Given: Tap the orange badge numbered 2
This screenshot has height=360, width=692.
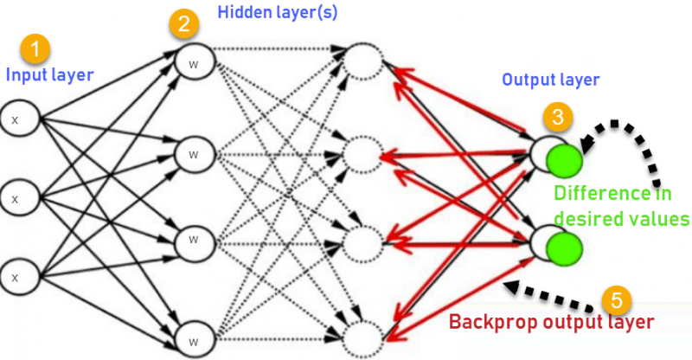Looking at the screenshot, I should [181, 24].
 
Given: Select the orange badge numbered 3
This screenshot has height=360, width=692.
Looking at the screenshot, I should [559, 115].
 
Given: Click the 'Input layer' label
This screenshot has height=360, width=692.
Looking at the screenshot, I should [49, 75].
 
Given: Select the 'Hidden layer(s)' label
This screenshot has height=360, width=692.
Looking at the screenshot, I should [279, 13].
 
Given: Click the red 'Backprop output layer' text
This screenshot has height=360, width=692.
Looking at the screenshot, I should [550, 323].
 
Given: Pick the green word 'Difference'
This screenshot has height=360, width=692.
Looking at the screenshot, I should [603, 194].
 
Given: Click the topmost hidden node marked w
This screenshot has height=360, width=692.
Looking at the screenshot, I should [193, 62].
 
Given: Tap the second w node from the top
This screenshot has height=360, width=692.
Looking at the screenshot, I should [193, 154].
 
